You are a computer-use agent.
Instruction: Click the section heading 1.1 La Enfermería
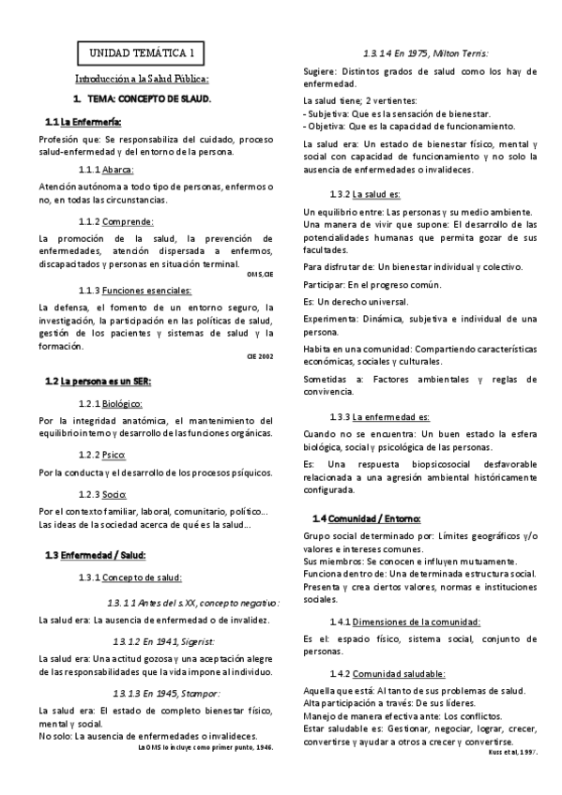tap(84, 123)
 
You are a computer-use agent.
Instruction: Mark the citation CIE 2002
tap(260, 357)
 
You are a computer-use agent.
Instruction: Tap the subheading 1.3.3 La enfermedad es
tap(380, 416)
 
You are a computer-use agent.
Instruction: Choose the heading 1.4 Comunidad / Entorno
tap(366, 518)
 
